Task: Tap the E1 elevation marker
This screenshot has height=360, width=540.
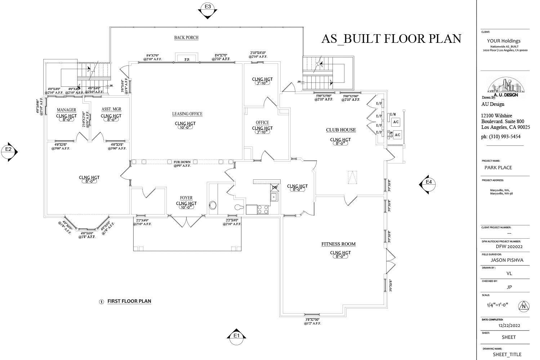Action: pos(236,335)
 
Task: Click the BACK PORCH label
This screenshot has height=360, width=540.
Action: pos(186,37)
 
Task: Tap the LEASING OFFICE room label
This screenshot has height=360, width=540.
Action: pos(187,114)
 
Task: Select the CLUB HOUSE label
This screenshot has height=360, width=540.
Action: pos(341,130)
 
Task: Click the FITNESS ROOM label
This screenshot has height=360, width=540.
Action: pos(338,244)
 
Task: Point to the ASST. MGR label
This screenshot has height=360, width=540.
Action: pos(111,109)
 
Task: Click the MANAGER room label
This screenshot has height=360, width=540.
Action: pos(66,109)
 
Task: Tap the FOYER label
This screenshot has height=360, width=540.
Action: pos(186,198)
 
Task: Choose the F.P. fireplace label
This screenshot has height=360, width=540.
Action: pos(187,59)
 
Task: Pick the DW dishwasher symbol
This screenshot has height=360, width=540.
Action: pos(275,187)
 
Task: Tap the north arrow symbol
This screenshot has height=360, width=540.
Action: pos(523,307)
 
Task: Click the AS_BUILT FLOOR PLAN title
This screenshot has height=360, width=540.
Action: pos(391,39)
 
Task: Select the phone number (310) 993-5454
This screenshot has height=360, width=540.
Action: pos(501,136)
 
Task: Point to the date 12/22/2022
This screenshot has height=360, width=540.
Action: pos(509,325)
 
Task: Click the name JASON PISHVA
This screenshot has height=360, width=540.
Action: pos(507,260)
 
